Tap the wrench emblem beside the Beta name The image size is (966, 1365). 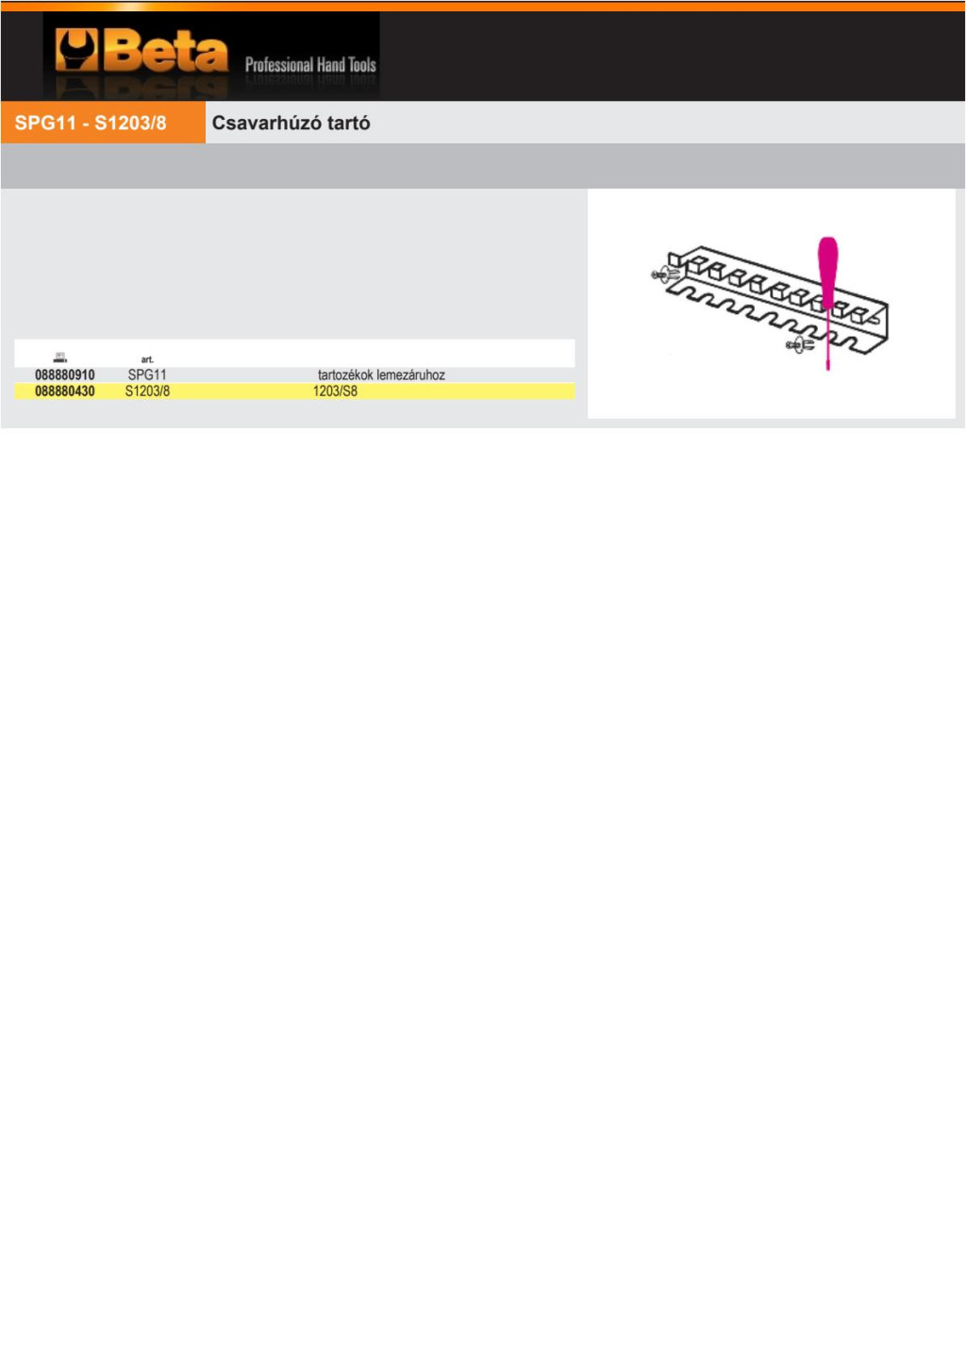tap(76, 49)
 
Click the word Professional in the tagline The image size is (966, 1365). tap(279, 64)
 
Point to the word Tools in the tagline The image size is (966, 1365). tap(362, 64)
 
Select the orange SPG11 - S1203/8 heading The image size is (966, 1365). tap(91, 123)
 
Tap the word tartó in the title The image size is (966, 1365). tap(349, 123)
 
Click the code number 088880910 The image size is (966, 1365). tap(64, 375)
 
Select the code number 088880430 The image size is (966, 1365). tap(64, 391)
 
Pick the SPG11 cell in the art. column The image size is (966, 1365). tap(147, 375)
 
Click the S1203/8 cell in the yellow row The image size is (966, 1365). tap(147, 391)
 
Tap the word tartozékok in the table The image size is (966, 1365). tap(345, 375)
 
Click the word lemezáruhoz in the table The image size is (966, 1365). tap(410, 375)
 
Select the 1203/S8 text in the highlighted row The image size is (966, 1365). tap(335, 391)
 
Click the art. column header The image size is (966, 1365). tap(147, 359)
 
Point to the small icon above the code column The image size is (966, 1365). tap(60, 358)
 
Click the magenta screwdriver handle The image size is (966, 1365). tap(827, 272)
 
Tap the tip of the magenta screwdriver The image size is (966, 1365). tap(827, 369)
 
